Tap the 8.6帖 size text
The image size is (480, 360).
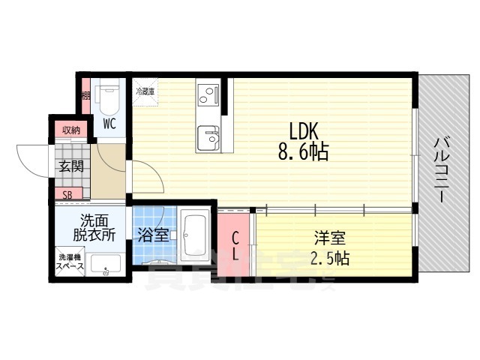[x=303, y=152]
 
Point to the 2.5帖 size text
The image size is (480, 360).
[x=330, y=259]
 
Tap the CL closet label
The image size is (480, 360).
[x=235, y=247]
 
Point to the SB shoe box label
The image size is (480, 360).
[x=67, y=195]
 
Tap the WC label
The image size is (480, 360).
[x=109, y=122]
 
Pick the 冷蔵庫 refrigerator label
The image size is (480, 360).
[x=145, y=91]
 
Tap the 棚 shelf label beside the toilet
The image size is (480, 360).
[x=86, y=94]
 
